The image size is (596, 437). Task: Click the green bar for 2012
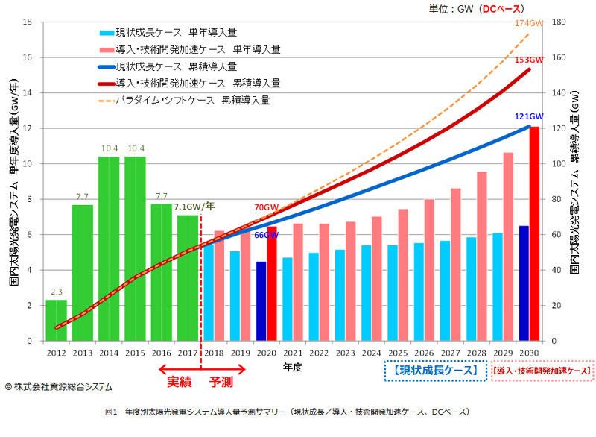tap(56, 320)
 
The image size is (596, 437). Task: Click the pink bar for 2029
tap(508, 246)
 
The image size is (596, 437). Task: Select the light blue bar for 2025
tap(393, 292)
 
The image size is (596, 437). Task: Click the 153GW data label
tap(530, 60)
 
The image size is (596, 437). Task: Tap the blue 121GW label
tap(529, 117)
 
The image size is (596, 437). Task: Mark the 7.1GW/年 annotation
tap(196, 207)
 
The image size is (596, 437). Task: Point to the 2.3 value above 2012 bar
tap(56, 292)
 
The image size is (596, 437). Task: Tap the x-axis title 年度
tap(292, 368)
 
